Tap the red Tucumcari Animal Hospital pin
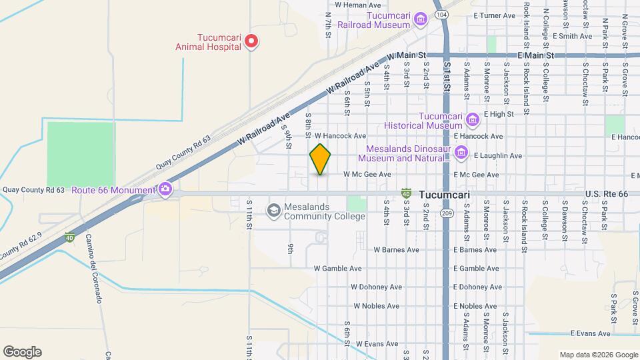point(251,42)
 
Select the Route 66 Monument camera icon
point(165,190)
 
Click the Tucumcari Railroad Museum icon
point(421,19)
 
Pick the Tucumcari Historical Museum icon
point(473,120)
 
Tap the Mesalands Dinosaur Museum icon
point(461,154)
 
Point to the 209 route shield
point(446,212)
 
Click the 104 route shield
point(441,13)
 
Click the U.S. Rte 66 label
point(607,194)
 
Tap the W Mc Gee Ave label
point(365,175)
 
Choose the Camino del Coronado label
point(93,269)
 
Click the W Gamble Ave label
point(337,269)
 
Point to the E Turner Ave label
point(494,15)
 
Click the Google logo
point(22,352)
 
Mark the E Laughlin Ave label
point(497,155)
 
